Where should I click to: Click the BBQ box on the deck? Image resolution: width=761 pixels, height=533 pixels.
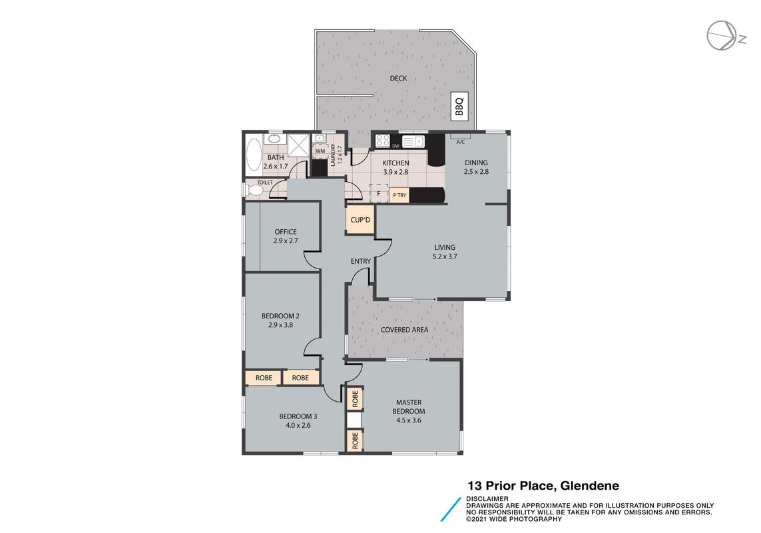tap(459, 106)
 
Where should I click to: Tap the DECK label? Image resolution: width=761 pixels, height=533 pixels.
tap(398, 78)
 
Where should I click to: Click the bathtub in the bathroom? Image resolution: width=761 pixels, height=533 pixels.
tap(254, 155)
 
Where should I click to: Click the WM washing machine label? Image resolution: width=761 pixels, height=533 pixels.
tap(320, 151)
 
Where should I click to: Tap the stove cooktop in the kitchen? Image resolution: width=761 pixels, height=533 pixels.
tap(382, 141)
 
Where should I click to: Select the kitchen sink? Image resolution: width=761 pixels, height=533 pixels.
tap(413, 141)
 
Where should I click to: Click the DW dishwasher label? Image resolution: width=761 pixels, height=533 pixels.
tap(395, 146)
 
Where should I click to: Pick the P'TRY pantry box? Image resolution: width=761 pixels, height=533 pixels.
tap(399, 195)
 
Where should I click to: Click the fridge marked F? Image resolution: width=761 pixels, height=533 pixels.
tap(379, 194)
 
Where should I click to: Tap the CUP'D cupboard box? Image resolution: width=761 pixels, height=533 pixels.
tap(360, 220)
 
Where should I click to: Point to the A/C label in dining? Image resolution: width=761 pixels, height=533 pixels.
tap(461, 142)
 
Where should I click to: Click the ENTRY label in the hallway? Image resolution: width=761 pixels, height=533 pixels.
tap(361, 261)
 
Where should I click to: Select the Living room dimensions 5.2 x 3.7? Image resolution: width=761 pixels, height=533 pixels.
tap(445, 257)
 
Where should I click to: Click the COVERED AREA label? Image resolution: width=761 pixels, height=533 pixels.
tap(404, 329)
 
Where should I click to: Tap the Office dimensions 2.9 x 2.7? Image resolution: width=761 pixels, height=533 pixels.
tap(286, 241)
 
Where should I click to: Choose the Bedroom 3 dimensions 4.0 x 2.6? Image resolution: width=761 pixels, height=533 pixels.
tap(298, 425)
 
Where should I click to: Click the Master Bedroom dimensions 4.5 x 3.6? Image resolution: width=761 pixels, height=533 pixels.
tap(409, 420)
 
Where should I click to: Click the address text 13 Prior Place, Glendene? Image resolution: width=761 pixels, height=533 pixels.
tap(543, 486)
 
